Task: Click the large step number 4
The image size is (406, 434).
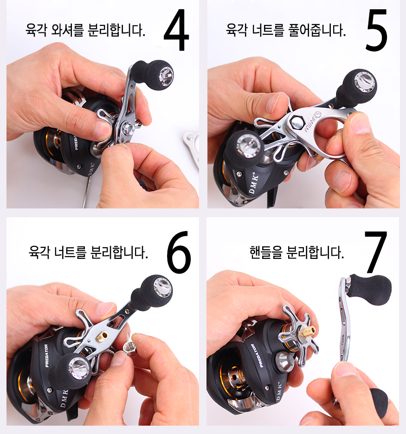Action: [176, 30]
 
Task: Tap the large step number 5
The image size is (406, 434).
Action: [376, 30]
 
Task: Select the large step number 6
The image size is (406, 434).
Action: [179, 252]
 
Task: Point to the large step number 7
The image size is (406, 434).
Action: [375, 252]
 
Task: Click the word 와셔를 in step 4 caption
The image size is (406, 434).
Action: [67, 30]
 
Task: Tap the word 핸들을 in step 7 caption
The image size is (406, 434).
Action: [266, 252]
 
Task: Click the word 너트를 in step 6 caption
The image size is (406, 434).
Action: [70, 252]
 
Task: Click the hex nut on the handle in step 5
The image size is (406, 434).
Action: [297, 122]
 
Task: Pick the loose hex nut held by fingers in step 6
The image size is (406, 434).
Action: [129, 348]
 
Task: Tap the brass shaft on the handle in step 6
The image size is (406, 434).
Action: [102, 337]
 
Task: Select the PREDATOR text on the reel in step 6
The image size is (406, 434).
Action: [47, 356]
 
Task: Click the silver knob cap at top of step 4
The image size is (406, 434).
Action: [166, 76]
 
